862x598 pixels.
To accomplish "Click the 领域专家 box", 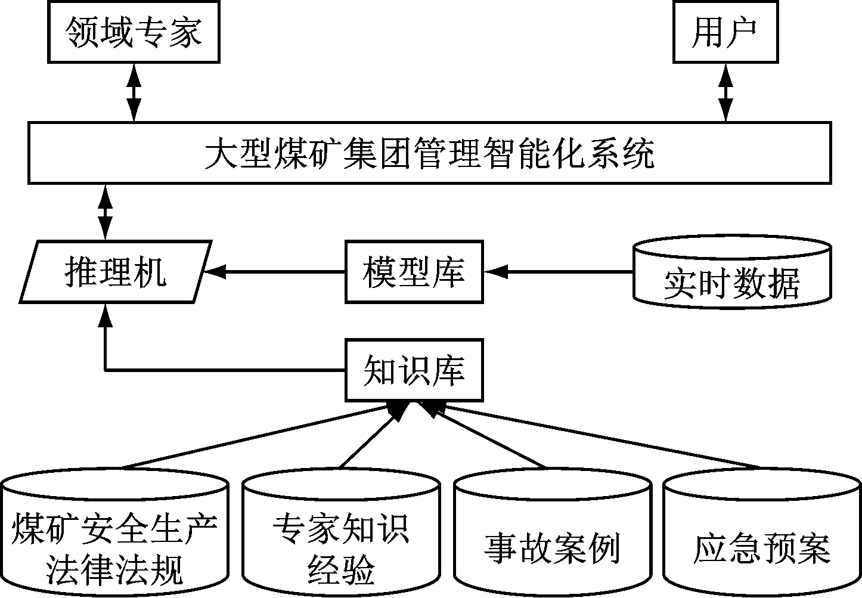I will pos(134,32).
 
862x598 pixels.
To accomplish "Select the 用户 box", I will pos(725,32).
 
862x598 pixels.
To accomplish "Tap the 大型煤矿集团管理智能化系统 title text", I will pos(429,153).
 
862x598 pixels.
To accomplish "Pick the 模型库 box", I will pos(414,272).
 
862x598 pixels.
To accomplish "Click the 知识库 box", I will pos(414,370).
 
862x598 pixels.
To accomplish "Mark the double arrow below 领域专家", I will pos(134,92).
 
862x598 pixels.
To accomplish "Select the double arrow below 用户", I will pos(725,92).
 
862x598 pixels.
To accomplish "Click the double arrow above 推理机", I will pos(106,211).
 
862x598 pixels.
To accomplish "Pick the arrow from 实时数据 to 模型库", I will pos(558,272).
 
